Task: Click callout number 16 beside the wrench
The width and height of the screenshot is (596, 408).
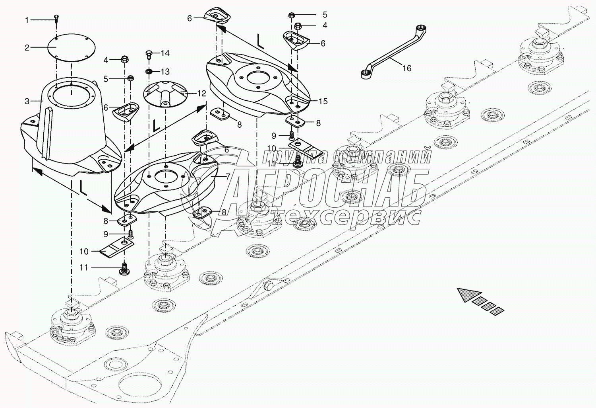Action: coord(407,68)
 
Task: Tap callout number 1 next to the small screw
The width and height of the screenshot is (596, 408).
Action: coord(27,20)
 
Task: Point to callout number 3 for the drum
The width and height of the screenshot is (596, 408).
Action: coord(27,102)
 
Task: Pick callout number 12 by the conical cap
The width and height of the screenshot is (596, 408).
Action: coord(201,94)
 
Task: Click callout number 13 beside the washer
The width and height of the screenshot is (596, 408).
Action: coord(165,72)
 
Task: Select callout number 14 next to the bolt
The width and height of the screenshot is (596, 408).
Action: coord(165,53)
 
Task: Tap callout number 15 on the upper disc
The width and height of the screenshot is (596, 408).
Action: coord(323,102)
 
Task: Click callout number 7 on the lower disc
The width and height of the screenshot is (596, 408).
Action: coord(228,176)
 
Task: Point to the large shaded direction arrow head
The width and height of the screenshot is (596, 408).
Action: coord(470,295)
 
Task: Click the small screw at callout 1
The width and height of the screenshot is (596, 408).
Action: coord(57,18)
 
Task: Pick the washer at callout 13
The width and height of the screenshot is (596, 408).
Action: coord(149,71)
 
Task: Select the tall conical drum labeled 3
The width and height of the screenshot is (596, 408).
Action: coord(71,128)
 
